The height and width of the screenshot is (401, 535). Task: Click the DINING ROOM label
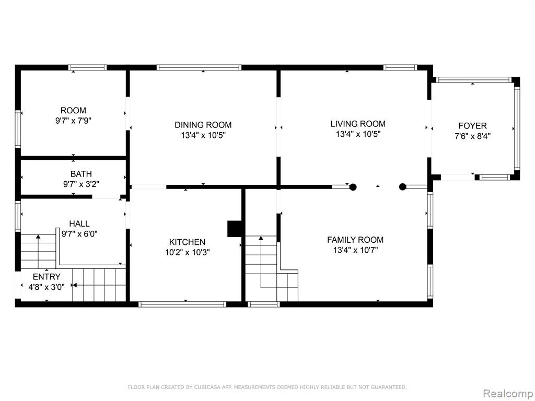203,125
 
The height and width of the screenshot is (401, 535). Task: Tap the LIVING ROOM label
358,124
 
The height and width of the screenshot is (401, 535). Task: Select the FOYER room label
472,126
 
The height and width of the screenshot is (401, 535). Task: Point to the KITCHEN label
188,242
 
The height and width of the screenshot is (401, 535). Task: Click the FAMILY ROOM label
355,240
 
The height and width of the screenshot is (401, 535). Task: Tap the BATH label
81,174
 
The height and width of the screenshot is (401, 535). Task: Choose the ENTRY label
46,277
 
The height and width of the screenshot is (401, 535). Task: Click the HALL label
79,223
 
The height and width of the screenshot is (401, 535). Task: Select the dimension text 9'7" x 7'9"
73,121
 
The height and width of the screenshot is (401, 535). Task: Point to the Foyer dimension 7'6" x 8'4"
472,136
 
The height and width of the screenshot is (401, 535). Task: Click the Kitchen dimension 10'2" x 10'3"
188,252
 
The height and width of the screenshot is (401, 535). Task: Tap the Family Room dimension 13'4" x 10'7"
355,250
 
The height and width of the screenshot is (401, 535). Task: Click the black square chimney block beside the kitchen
235,229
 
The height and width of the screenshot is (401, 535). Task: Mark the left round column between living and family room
353,187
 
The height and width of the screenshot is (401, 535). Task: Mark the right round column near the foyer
403,187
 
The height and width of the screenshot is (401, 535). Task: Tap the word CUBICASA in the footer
207,387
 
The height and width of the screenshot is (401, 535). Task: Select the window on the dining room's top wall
199,67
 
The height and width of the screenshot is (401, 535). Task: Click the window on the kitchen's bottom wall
182,304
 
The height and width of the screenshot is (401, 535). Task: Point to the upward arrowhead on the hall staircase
38,237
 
